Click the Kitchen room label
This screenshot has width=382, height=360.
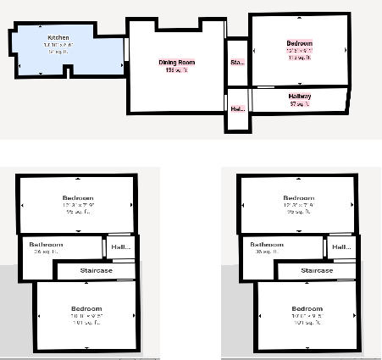(58, 37)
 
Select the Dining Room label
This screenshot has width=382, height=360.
(177, 62)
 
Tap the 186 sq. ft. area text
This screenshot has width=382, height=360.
(177, 69)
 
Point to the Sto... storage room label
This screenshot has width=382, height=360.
(237, 62)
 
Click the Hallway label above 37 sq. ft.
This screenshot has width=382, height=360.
(300, 97)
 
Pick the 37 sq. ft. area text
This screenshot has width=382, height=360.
(300, 104)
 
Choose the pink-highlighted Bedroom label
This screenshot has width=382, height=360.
(300, 43)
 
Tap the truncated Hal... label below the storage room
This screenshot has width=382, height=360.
(237, 109)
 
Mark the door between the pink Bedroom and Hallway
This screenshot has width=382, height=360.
(266, 86)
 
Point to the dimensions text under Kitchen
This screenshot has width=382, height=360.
(58, 45)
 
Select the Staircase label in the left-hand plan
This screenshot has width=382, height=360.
(95, 270)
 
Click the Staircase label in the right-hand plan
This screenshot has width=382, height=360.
(315, 270)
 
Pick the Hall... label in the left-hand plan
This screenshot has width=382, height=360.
(121, 247)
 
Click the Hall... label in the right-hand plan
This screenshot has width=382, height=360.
(341, 247)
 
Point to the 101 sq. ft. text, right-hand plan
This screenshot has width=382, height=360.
(307, 323)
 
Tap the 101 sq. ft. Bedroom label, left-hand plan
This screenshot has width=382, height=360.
(86, 307)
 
